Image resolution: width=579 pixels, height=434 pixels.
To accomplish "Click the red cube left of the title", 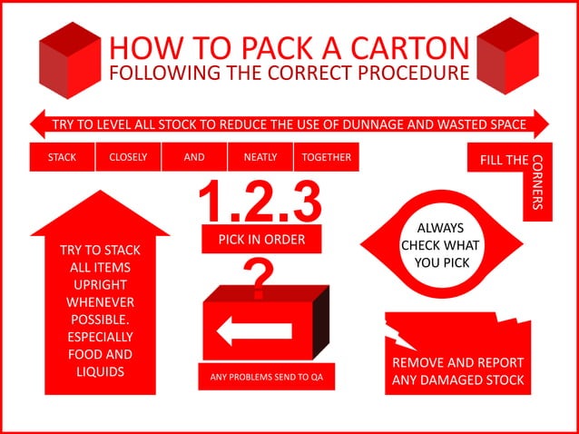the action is click(70, 60).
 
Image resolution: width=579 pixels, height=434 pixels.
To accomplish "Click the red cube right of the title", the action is click(507, 55).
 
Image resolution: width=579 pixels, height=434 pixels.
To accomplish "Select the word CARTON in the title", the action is click(409, 48).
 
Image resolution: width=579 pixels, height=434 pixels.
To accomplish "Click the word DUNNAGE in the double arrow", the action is click(373, 124).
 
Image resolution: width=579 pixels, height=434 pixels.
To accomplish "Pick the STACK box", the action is click(62, 157).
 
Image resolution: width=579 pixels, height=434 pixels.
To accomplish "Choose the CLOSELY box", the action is click(128, 157).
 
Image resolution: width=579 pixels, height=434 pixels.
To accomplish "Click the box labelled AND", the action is click(194, 157).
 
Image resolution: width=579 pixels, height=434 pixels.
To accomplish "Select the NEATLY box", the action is click(260, 157).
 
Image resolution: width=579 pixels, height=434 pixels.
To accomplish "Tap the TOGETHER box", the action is click(327, 157).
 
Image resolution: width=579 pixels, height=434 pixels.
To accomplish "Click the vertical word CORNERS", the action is click(537, 182).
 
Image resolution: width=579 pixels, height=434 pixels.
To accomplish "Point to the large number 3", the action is click(308, 202).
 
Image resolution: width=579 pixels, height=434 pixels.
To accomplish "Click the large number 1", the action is click(211, 202).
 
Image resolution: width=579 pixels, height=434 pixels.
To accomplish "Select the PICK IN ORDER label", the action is click(261, 240).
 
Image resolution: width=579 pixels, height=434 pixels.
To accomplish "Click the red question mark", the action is click(259, 279).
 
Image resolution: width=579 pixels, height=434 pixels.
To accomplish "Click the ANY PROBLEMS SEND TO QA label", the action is click(266, 377).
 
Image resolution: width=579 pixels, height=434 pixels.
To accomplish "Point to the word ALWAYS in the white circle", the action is click(440, 228).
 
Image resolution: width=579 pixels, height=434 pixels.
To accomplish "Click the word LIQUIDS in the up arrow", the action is click(100, 371).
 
